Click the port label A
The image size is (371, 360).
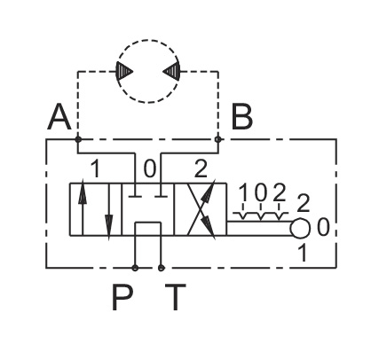(x=59, y=117)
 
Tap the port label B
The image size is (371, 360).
(x=241, y=117)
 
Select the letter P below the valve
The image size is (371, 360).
(x=122, y=297)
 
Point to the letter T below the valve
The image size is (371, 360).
(x=176, y=297)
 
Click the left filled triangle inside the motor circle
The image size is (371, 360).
(x=123, y=71)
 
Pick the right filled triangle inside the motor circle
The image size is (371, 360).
(x=172, y=71)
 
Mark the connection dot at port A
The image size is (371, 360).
(x=78, y=139)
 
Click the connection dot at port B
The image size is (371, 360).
(x=218, y=139)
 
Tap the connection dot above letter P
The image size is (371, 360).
(x=135, y=268)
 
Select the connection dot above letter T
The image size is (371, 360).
(x=161, y=268)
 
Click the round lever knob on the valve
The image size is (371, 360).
(x=300, y=228)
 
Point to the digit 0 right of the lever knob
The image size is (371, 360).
(x=323, y=227)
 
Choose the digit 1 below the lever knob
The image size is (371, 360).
(x=303, y=253)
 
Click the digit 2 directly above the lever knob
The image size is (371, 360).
(x=303, y=203)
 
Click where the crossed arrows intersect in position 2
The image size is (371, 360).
(x=201, y=209)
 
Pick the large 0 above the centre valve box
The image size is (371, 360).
(x=149, y=168)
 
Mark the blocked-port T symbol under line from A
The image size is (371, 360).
(x=135, y=196)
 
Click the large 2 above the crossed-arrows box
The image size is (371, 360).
(x=201, y=168)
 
